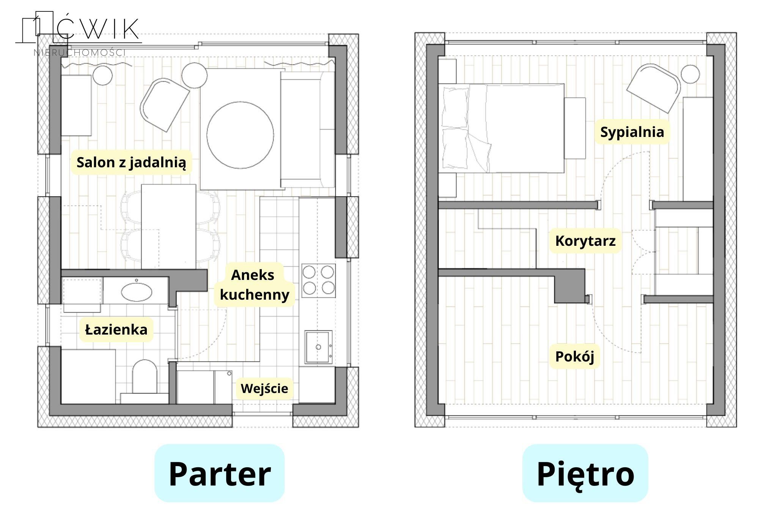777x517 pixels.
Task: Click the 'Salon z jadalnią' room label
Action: (x=131, y=162)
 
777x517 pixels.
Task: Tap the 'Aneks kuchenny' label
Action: (x=254, y=284)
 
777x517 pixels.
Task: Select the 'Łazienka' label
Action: (x=116, y=329)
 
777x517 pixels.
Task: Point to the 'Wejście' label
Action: (x=264, y=388)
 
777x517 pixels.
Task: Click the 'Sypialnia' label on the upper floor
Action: (x=632, y=132)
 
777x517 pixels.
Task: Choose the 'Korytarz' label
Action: (x=585, y=241)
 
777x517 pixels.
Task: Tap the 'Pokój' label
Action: (x=574, y=357)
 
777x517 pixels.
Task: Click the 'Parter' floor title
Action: (x=220, y=474)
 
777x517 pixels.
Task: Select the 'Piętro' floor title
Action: (x=585, y=474)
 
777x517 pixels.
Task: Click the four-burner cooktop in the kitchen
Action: (x=319, y=281)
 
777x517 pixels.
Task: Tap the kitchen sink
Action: (x=318, y=347)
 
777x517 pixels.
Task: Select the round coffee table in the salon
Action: (x=240, y=135)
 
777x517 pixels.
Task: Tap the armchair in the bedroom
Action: (x=654, y=88)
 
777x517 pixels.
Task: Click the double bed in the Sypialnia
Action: (x=501, y=128)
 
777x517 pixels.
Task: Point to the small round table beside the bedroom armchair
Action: (x=690, y=74)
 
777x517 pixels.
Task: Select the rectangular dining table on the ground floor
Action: (x=168, y=227)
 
